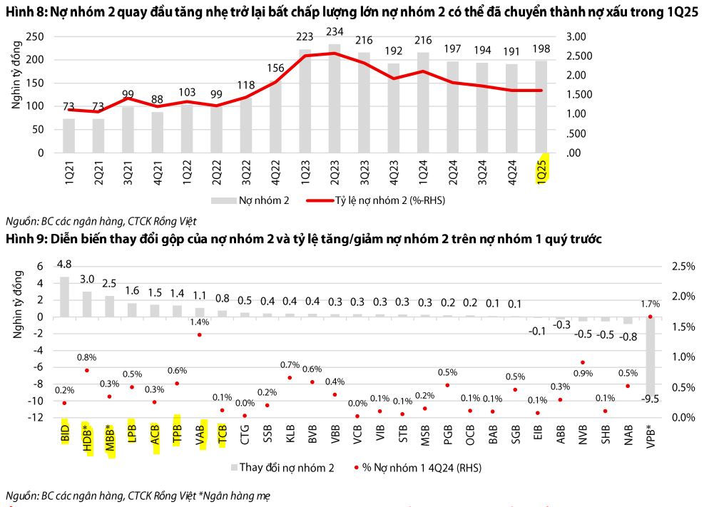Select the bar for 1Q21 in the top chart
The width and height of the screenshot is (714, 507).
(x=68, y=135)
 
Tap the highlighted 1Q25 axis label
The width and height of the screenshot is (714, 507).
(x=543, y=169)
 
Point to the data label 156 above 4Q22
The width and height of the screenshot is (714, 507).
(x=275, y=68)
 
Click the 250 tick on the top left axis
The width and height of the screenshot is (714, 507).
(x=35, y=37)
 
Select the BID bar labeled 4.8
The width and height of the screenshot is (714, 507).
(x=64, y=297)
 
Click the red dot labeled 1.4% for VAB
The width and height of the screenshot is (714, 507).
(x=199, y=334)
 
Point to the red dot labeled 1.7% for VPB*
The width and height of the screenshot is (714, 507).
(x=650, y=317)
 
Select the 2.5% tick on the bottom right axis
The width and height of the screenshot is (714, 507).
(x=683, y=267)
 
